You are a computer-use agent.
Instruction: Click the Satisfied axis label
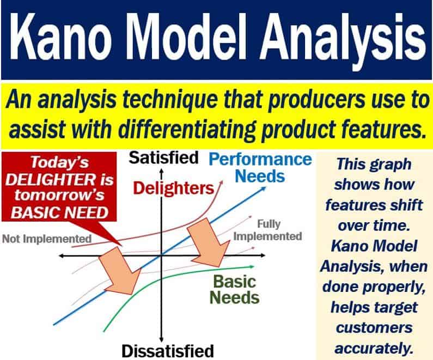(x=164, y=158)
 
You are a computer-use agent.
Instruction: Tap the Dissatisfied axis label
(x=168, y=351)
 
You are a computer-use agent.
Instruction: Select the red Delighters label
(x=174, y=188)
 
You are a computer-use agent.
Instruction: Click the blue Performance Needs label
(x=260, y=168)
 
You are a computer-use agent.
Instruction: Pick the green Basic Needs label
(x=234, y=290)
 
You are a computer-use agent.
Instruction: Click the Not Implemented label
(x=47, y=239)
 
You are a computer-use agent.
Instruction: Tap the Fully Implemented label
(x=267, y=230)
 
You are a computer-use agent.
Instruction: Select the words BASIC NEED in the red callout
(x=59, y=213)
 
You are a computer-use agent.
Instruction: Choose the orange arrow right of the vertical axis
(x=209, y=242)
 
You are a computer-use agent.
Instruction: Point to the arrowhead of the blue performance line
(x=263, y=189)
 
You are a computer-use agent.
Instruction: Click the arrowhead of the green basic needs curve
(x=251, y=266)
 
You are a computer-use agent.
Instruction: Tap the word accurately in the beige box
(x=374, y=349)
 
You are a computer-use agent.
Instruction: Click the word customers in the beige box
(x=374, y=328)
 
